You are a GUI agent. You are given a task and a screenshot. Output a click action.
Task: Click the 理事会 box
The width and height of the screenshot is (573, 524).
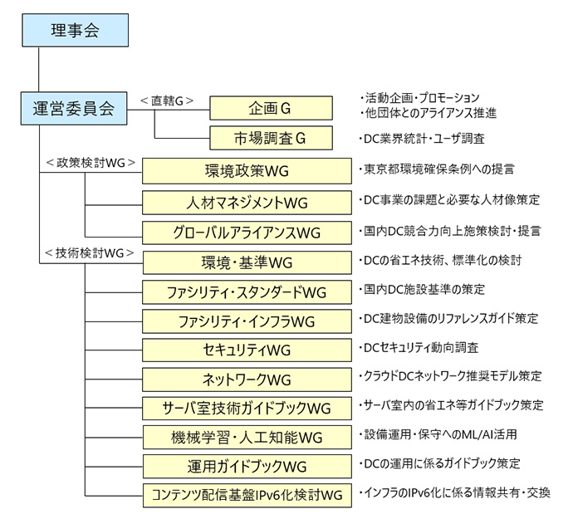click(76, 31)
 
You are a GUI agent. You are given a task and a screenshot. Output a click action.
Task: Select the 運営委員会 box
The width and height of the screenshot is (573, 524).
click(74, 109)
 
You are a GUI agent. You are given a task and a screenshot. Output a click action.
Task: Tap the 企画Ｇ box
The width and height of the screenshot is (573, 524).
click(272, 108)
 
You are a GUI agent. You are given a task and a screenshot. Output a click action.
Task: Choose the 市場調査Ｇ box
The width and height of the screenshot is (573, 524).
click(272, 138)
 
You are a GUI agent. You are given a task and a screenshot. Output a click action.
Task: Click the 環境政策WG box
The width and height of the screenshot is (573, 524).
click(247, 171)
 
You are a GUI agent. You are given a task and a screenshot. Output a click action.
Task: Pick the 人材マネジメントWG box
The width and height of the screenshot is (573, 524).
click(247, 203)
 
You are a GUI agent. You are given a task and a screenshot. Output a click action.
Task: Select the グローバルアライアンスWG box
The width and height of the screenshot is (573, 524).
click(247, 233)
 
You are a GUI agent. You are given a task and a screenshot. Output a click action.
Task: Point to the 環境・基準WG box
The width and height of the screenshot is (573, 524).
click(247, 262)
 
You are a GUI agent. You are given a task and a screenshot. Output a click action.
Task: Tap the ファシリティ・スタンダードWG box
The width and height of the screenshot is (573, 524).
click(247, 292)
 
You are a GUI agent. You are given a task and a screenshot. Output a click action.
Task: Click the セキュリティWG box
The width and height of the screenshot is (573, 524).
click(247, 350)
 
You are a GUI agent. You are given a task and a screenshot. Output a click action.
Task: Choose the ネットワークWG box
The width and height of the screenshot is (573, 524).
click(247, 380)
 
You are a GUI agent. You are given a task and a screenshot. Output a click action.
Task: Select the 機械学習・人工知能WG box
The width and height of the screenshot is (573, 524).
click(247, 438)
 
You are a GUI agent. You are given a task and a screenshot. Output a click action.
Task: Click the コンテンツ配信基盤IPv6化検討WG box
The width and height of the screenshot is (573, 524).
click(247, 496)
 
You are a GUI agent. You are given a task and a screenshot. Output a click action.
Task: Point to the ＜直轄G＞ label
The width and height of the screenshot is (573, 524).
click(167, 100)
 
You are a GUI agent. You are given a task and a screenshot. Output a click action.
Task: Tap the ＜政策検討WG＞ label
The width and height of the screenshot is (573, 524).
click(91, 163)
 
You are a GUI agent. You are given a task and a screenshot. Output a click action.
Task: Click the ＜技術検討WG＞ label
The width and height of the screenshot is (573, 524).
click(90, 252)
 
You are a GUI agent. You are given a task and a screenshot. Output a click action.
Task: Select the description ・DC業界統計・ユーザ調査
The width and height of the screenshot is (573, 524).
click(421, 139)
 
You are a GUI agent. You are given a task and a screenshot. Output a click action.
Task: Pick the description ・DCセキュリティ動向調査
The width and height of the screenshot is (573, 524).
click(419, 348)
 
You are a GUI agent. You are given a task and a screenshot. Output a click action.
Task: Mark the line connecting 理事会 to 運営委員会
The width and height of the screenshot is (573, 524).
click(39, 70)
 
